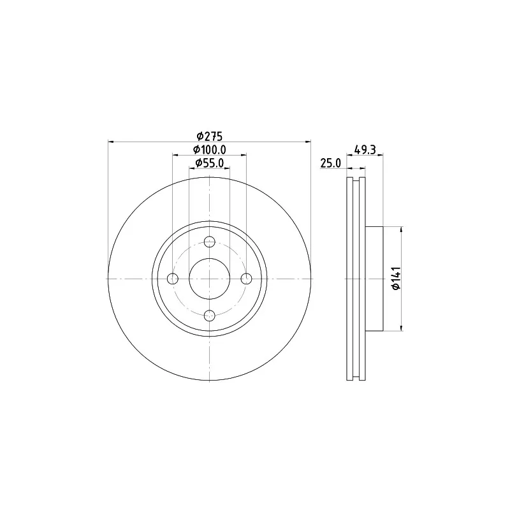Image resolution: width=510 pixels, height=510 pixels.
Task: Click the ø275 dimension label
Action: coord(210,136)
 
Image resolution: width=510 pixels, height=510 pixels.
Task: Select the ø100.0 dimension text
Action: coord(210,150)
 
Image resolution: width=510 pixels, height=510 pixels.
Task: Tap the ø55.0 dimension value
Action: coord(210,163)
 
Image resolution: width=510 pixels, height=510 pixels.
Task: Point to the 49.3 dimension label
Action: coord(365,150)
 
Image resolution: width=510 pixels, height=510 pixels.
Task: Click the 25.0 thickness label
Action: coord(330,163)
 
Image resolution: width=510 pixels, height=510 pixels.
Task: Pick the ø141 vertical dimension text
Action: coord(396,279)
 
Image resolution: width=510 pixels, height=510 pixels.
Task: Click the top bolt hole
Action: coord(210,242)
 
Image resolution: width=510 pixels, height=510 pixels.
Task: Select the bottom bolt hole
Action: coord(210,315)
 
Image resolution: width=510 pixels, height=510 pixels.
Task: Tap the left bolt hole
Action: coord(173,279)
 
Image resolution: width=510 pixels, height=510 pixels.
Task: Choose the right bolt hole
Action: coord(246,279)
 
